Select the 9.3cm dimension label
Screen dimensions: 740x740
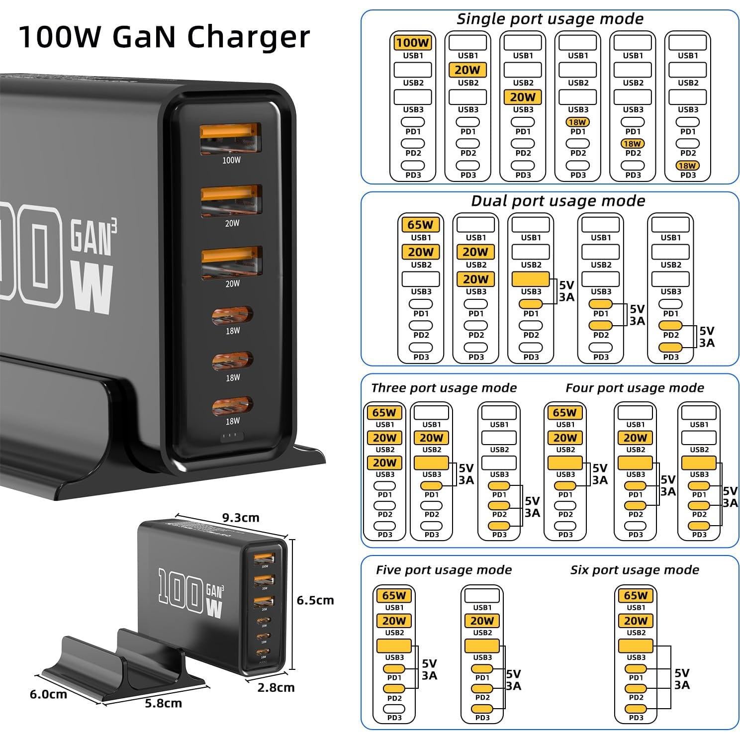click(241, 518)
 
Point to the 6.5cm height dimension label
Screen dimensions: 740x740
click(315, 600)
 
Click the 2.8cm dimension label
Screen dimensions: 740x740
click(276, 688)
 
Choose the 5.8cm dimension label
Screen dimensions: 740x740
click(163, 703)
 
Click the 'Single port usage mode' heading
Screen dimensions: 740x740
click(550, 19)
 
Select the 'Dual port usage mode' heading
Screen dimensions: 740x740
click(557, 201)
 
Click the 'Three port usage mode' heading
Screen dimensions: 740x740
click(444, 388)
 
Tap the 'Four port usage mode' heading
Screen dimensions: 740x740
click(635, 388)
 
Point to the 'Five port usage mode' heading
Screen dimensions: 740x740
click(444, 570)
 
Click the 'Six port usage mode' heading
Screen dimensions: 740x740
click(635, 570)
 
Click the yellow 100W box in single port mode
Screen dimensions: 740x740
click(413, 43)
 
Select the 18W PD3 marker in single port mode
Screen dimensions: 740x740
click(688, 166)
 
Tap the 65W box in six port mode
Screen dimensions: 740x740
click(636, 595)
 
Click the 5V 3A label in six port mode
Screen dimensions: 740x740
click(682, 679)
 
